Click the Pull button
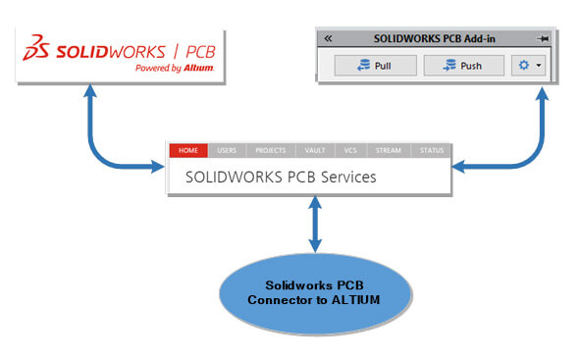pyautogui.click(x=376, y=66)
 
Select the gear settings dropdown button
pyautogui.click(x=527, y=66)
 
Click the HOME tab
pyautogui.click(x=188, y=151)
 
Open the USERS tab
pyautogui.click(x=227, y=151)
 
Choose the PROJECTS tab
pyautogui.click(x=270, y=151)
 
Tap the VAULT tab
pyautogui.click(x=314, y=151)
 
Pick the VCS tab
pyautogui.click(x=350, y=151)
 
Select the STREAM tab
pyautogui.click(x=388, y=151)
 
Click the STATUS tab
pyautogui.click(x=432, y=151)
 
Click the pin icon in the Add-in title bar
pyautogui.click(x=543, y=38)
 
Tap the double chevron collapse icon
pyautogui.click(x=328, y=38)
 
